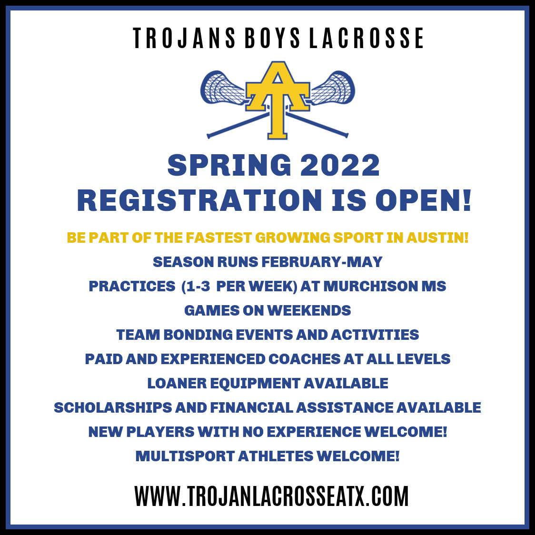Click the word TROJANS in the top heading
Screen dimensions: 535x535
184,38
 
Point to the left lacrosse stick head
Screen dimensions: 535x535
222,88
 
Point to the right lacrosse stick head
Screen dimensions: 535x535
333,88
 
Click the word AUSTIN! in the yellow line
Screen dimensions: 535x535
437,238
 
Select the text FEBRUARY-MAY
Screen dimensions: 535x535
322,262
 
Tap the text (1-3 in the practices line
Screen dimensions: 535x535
196,286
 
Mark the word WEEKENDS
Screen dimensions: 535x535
309,310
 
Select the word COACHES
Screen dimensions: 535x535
304,359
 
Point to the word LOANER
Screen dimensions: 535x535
177,383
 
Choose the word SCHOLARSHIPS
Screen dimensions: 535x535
113,407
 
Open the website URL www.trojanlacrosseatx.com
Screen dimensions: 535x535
272,496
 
